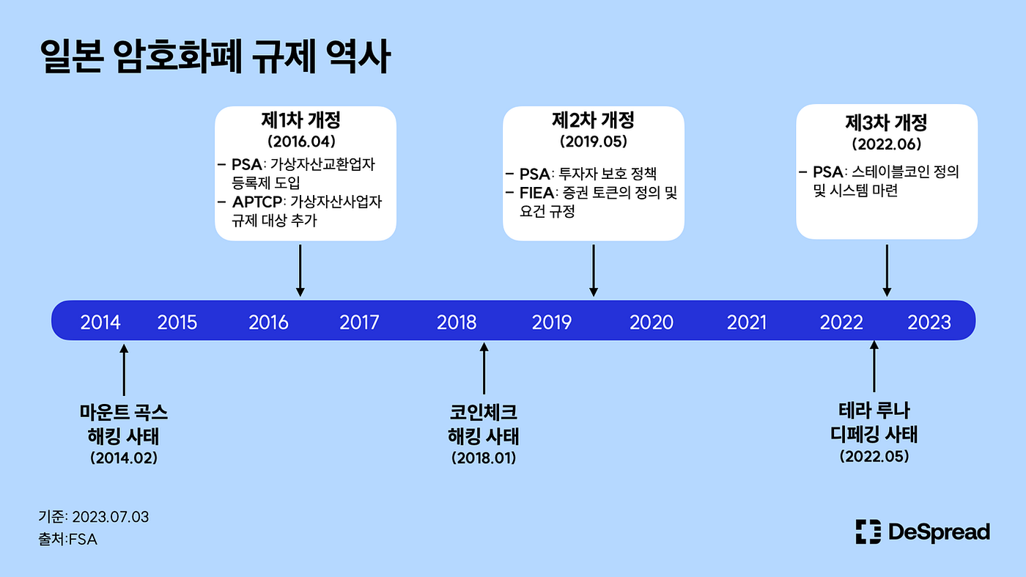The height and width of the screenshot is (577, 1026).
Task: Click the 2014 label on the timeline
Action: pyautogui.click(x=100, y=322)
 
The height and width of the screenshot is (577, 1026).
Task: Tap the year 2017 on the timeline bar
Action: pyautogui.click(x=359, y=322)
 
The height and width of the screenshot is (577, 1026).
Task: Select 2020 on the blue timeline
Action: pyautogui.click(x=652, y=322)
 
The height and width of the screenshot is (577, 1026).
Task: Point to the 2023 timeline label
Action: pyautogui.click(x=929, y=322)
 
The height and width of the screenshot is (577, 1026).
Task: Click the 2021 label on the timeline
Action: pyautogui.click(x=747, y=322)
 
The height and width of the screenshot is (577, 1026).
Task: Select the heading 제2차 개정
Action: pyautogui.click(x=593, y=121)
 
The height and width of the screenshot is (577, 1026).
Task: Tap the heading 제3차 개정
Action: pyautogui.click(x=886, y=122)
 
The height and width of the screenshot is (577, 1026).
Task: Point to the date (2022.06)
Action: pyautogui.click(x=886, y=144)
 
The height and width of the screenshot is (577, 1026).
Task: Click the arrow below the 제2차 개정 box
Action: pyautogui.click(x=594, y=271)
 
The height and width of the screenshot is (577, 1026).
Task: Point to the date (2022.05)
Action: pyautogui.click(x=874, y=456)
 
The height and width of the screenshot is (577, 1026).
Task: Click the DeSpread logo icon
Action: pyautogui.click(x=868, y=532)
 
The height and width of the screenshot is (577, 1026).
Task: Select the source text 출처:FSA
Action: pyautogui.click(x=67, y=540)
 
